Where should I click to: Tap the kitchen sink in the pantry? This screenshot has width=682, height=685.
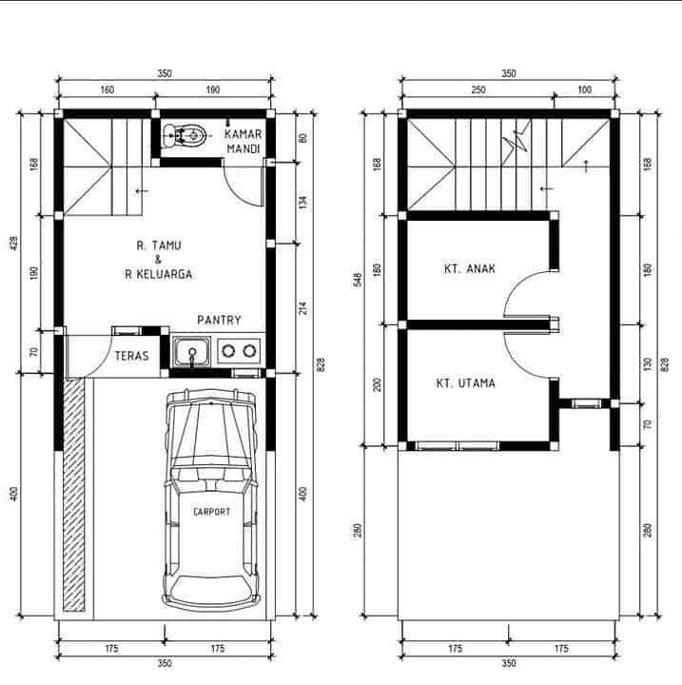coord(191,352)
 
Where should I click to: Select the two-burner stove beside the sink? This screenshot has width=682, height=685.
coord(239,351)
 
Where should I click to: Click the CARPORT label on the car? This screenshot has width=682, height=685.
coord(211,512)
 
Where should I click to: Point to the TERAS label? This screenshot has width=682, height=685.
coord(131,356)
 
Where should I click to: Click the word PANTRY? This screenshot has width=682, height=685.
coord(219,321)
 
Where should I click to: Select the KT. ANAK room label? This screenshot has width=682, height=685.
coord(470,268)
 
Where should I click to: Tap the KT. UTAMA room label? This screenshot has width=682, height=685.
coord(466,383)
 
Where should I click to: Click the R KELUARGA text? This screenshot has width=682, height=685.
coord(159,274)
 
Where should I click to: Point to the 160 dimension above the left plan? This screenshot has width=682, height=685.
coord(107,89)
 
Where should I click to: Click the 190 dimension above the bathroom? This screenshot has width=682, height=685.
coord(213,89)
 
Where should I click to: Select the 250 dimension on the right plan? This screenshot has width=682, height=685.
coord(478,89)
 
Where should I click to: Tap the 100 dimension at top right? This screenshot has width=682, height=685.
coord(585,89)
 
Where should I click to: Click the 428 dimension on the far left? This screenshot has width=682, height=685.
coord(14,243)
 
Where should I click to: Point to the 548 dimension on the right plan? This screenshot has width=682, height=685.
coord(358,280)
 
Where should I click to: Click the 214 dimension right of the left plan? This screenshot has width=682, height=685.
coord(303,307)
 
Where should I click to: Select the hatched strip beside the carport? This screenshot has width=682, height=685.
coord(73,494)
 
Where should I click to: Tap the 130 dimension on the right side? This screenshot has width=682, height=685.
coord(648,363)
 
